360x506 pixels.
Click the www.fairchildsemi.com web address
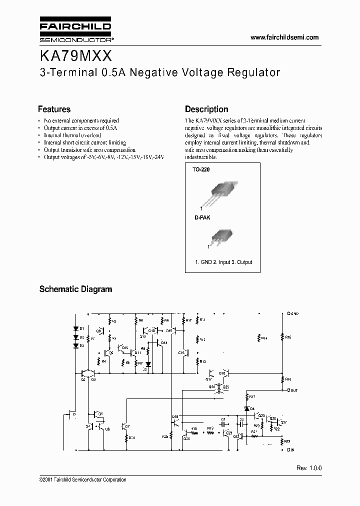click(x=283, y=37)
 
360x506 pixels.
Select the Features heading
click(x=54, y=109)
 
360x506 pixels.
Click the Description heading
click(x=206, y=109)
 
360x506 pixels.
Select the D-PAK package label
click(x=200, y=218)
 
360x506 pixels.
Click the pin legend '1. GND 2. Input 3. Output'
click(x=223, y=262)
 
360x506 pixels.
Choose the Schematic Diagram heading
click(x=75, y=289)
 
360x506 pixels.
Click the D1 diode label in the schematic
click(x=81, y=328)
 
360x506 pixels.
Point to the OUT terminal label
click(x=293, y=390)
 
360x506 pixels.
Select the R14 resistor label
click(x=264, y=338)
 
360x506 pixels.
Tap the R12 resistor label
click(x=202, y=339)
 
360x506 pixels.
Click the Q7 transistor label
click(x=128, y=426)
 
